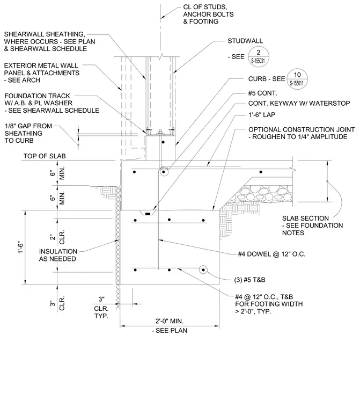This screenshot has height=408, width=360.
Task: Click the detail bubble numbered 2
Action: (x=258, y=57)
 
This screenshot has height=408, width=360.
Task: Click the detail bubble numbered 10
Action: (x=297, y=79)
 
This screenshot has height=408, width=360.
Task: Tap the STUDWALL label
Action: (x=245, y=41)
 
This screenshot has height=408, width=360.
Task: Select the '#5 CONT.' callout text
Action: (x=262, y=93)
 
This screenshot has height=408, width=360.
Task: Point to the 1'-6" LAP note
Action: (x=262, y=115)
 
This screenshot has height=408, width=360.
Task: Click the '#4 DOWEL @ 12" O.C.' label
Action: (x=271, y=254)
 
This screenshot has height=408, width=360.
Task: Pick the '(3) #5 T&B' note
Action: (x=249, y=280)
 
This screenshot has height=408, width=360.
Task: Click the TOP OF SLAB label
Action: (x=45, y=156)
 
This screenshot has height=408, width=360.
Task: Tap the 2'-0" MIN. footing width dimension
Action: (x=170, y=321)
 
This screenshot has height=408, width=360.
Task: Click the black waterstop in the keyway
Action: (x=148, y=214)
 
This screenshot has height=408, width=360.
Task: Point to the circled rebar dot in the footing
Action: (x=203, y=270)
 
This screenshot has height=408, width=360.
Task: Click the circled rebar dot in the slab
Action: (x=164, y=172)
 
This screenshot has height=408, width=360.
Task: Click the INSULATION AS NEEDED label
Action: (x=58, y=255)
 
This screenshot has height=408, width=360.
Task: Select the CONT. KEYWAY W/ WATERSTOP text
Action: (x=299, y=104)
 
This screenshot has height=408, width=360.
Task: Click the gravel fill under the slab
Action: (x=263, y=194)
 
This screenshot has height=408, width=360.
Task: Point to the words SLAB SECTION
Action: (x=305, y=218)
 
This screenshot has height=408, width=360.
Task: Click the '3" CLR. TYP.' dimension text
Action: (x=101, y=308)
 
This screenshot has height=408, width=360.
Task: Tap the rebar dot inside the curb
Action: (x=163, y=142)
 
